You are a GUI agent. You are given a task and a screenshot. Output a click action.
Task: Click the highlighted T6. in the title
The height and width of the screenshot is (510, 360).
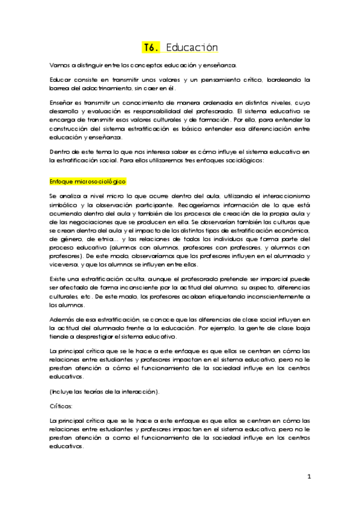coord(150,48)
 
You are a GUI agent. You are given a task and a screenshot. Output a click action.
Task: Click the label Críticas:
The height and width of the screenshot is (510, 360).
coord(61,407)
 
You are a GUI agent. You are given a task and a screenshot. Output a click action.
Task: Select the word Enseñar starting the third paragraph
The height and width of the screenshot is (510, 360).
coord(61,103)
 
